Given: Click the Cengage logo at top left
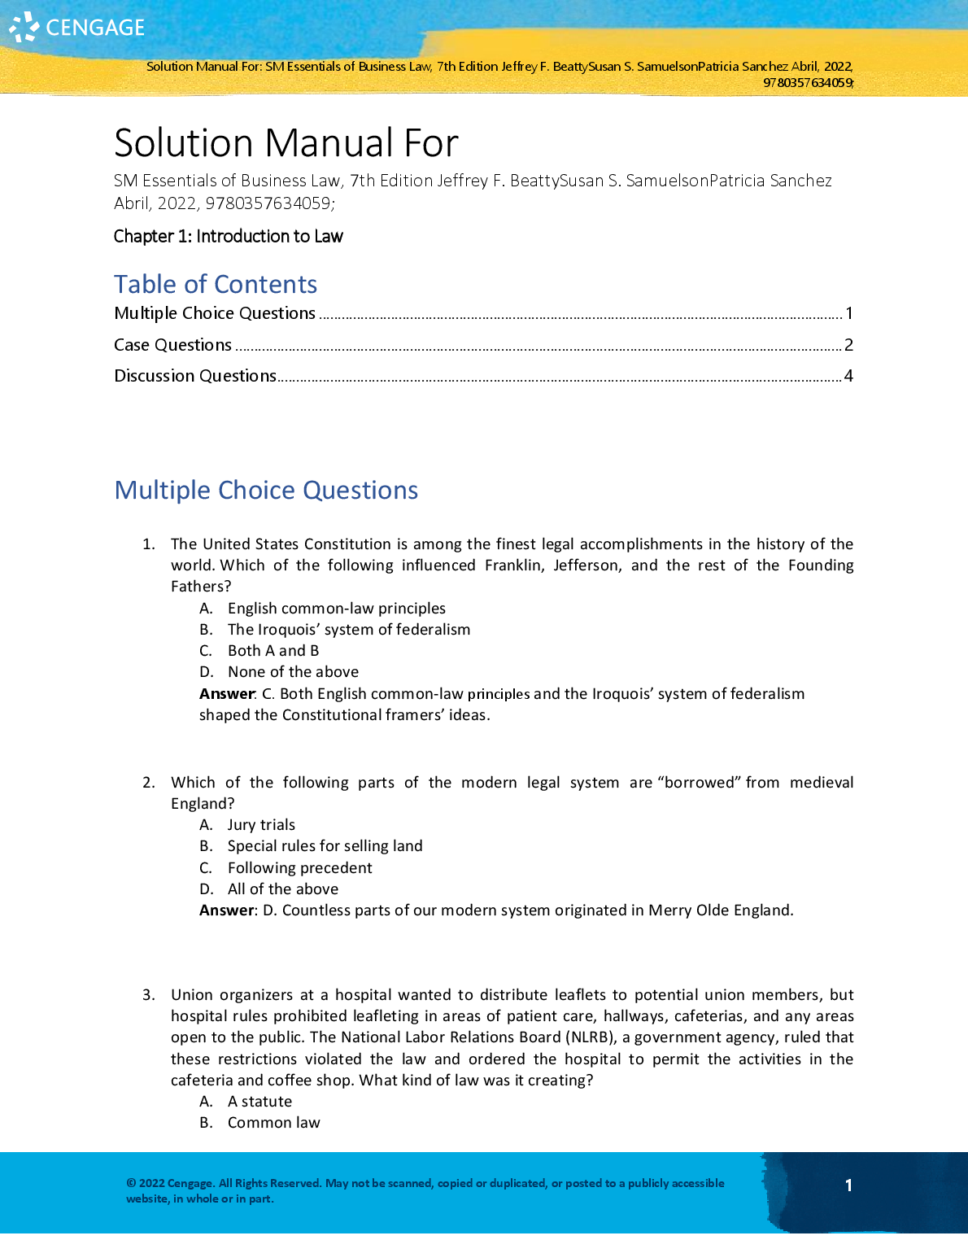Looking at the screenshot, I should pyautogui.click(x=77, y=28).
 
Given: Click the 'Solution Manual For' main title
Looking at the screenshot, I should pyautogui.click(x=286, y=143).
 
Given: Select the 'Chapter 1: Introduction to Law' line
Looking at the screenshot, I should pyautogui.click(x=229, y=237).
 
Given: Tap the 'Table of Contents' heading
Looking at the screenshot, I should pyautogui.click(x=216, y=284).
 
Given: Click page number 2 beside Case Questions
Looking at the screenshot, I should pyautogui.click(x=848, y=345).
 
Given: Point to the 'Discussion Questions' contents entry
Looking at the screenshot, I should pyautogui.click(x=195, y=376).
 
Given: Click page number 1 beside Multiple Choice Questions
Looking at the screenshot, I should pyautogui.click(x=848, y=313).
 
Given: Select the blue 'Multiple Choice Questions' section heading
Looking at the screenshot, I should pyautogui.click(x=266, y=490).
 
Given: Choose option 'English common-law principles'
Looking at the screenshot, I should pyautogui.click(x=336, y=609).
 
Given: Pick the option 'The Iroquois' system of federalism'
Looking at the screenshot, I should pyautogui.click(x=348, y=630).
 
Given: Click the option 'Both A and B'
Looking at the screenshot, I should pyautogui.click(x=273, y=651).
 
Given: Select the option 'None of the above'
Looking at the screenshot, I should pyautogui.click(x=293, y=672).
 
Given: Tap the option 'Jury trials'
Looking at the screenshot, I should pyautogui.click(x=261, y=825).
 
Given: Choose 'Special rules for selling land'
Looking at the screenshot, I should pyautogui.click(x=325, y=846).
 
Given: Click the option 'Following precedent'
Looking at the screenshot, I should pyautogui.click(x=299, y=868).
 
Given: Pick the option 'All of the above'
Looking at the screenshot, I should pyautogui.click(x=282, y=889).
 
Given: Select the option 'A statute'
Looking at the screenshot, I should pyautogui.click(x=259, y=1102).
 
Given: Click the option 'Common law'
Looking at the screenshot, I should pyautogui.click(x=273, y=1123).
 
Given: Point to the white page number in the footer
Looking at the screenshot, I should pyautogui.click(x=848, y=1185).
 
